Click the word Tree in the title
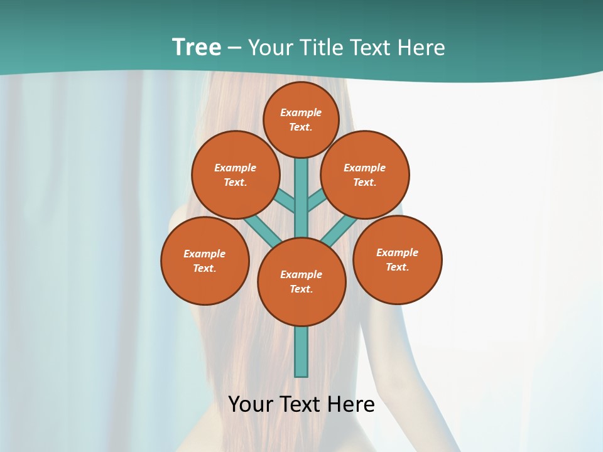coord(197,48)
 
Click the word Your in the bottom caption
coord(250,404)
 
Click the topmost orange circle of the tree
coord(301,119)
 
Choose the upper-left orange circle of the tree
coord(236,175)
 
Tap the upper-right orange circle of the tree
coord(365,175)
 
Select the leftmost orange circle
coord(205,261)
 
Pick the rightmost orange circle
coord(397,259)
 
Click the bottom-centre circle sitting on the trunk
coord(301,282)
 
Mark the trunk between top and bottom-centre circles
coord(301,198)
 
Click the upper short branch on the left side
coord(286,201)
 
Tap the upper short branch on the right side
coord(317,201)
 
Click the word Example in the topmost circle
coord(301,112)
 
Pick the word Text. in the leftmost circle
coord(204,268)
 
